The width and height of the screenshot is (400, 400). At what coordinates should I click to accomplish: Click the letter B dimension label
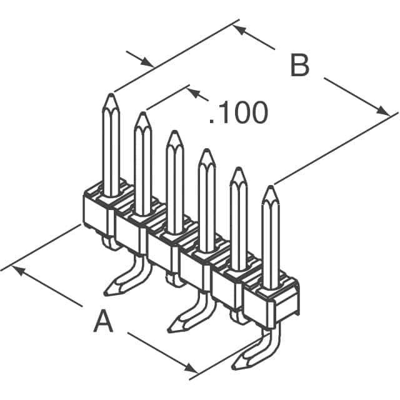coord(300,66)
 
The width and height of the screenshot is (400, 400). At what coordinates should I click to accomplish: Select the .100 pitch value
coord(238,112)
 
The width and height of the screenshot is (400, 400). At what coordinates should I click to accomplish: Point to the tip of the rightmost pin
coord(270,188)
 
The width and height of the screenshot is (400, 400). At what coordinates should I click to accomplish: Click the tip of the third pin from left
coord(174,132)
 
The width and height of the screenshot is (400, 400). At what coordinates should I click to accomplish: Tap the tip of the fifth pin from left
coord(238,169)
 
